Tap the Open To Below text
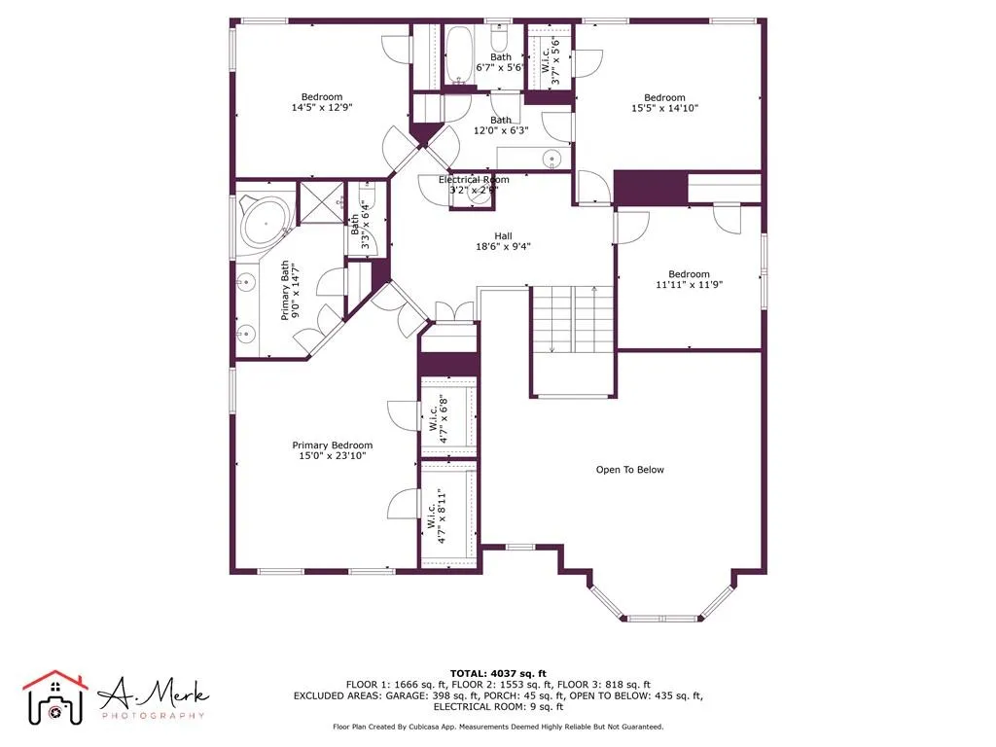point(629,470)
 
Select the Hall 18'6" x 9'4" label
point(503,241)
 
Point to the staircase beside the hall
point(572,321)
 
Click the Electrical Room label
point(474,180)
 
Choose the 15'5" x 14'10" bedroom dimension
point(664,110)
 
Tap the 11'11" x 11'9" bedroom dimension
point(690,286)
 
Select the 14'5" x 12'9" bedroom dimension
point(321,108)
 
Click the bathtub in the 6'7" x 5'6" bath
point(459,54)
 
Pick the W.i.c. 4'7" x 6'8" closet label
point(434,418)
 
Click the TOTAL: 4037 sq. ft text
point(498,673)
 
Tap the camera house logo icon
point(55,696)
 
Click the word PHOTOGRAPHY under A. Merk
point(153,716)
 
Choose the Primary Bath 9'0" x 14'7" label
point(291,291)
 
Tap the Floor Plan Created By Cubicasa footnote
point(498,727)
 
